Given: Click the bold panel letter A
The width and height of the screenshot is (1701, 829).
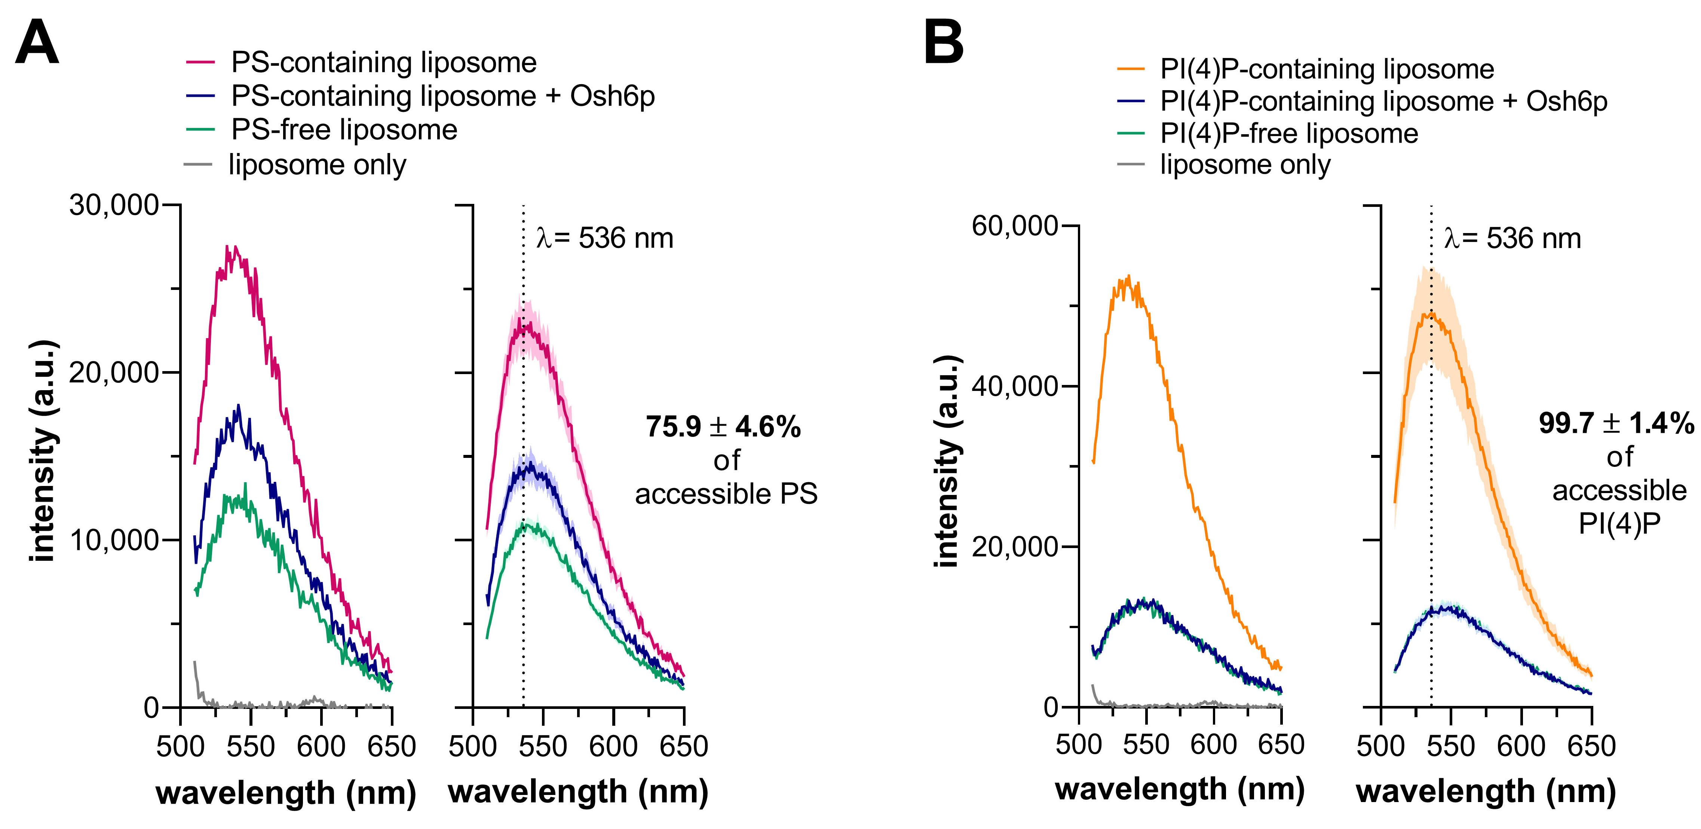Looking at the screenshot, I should click(x=37, y=42).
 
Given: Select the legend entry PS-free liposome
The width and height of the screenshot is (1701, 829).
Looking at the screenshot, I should click(x=343, y=129).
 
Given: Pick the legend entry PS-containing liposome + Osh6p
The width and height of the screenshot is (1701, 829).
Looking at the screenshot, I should click(x=442, y=97).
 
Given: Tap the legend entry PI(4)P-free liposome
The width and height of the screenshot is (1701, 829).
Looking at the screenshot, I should click(x=1288, y=134).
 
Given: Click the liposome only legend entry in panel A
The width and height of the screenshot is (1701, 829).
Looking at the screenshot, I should click(x=317, y=165).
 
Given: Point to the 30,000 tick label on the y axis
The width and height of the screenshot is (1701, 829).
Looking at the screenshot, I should click(x=114, y=205).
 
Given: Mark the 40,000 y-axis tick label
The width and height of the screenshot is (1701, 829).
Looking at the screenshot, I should click(x=1015, y=386).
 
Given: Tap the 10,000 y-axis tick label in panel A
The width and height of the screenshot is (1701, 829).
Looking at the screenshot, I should click(x=114, y=540).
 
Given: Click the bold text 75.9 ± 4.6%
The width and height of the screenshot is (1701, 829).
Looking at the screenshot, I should click(x=723, y=427).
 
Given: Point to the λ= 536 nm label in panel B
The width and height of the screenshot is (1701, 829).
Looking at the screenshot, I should click(x=1512, y=238).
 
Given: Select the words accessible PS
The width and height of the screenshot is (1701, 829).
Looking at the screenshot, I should click(x=726, y=494).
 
